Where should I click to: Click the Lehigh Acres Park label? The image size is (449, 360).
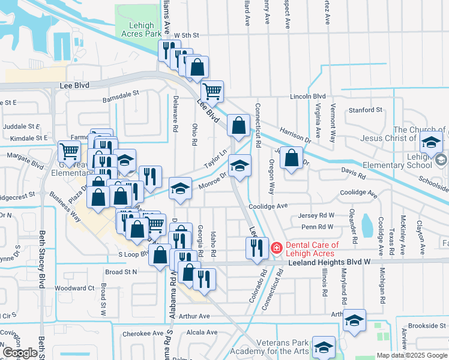142,30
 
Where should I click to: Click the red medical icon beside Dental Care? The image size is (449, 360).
277,247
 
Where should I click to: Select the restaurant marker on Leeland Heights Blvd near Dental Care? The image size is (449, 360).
257,247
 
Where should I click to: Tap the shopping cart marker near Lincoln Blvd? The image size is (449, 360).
212,92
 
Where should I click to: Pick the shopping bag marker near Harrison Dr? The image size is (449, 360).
291,158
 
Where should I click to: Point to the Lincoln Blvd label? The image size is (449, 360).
307,96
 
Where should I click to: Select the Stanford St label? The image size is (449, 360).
366,110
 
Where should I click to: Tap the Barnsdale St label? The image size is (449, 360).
120,94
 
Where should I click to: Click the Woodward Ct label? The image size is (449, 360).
74,288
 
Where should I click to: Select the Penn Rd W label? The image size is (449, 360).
317,227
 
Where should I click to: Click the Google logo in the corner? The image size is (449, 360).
20,353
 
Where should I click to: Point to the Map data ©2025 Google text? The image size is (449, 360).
412,355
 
